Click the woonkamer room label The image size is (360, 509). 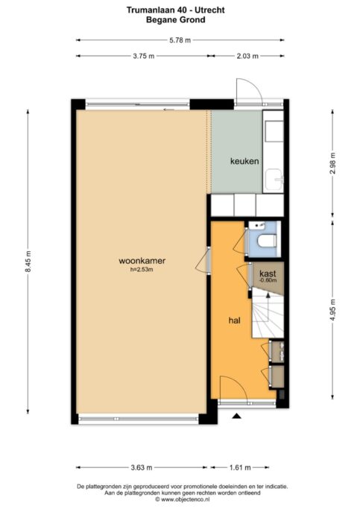click(x=142, y=261)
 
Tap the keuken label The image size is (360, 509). click(x=244, y=161)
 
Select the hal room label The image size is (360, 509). click(x=234, y=320)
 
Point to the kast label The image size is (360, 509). click(x=268, y=274)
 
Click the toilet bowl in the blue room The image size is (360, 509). click(x=267, y=241)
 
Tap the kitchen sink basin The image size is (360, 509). click(x=274, y=180)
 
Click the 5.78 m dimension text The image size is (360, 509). click(x=180, y=40)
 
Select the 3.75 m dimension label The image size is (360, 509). click(x=144, y=56)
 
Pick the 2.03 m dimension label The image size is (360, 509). click(x=247, y=56)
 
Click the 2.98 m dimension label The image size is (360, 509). click(x=332, y=163)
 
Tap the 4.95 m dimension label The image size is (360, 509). click(x=332, y=309)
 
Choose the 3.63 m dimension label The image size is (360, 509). click(x=141, y=468)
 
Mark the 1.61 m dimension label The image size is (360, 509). click(x=240, y=468)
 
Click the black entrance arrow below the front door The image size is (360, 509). click(x=236, y=416)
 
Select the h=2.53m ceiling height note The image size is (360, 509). click(x=142, y=269)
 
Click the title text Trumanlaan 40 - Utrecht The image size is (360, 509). click(x=176, y=10)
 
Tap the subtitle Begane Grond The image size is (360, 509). click(x=176, y=20)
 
